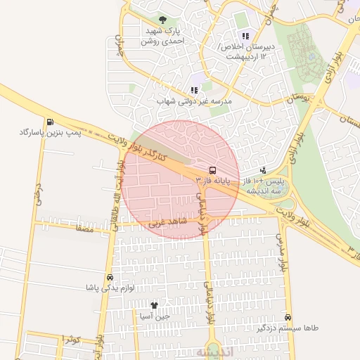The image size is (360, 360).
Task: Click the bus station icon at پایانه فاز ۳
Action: (x=212, y=169)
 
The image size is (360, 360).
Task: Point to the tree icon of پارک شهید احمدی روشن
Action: (x=163, y=20)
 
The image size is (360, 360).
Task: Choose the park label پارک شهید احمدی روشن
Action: (x=161, y=37)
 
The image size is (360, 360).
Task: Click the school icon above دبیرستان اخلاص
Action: (x=245, y=36)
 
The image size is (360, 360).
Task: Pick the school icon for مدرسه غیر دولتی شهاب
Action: (x=194, y=90)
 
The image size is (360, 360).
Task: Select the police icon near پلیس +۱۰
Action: (x=263, y=169)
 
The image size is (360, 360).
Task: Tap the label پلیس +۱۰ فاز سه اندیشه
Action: (x=263, y=185)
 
